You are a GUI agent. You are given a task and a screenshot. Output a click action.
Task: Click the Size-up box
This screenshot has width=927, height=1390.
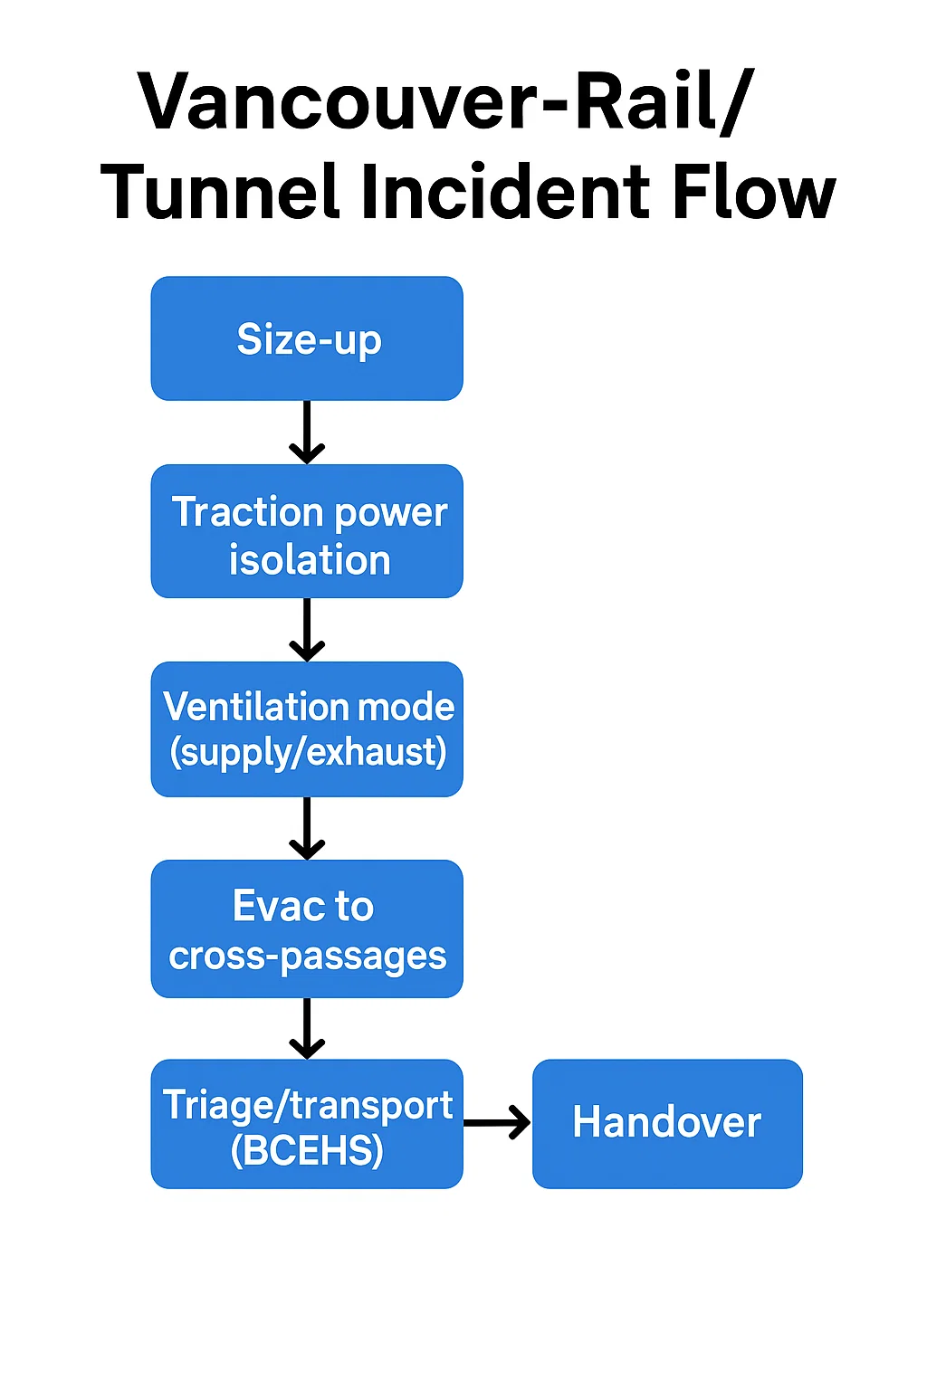[307, 338]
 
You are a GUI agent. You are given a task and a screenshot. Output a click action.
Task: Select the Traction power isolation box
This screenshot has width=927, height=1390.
[307, 531]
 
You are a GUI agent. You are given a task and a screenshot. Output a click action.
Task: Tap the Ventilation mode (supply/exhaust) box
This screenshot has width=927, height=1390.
[307, 729]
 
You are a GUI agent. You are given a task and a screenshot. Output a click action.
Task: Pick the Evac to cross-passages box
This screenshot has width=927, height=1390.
[307, 928]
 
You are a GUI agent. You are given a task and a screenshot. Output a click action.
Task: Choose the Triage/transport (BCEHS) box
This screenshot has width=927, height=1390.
[307, 1124]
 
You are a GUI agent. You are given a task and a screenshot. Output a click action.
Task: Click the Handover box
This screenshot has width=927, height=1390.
[667, 1124]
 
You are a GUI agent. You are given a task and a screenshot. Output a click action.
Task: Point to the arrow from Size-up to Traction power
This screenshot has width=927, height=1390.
[307, 433]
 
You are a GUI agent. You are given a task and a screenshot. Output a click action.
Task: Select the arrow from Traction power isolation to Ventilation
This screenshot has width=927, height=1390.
[307, 630]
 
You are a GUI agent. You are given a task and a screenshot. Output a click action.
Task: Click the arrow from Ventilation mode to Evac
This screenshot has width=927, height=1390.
[307, 828]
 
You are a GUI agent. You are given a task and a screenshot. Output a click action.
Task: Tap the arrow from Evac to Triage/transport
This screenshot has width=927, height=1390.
[307, 1028]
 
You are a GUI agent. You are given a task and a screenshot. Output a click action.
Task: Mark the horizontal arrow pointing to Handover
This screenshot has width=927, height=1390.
[497, 1123]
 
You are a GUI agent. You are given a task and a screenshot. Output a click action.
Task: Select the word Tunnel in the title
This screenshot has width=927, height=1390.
[219, 192]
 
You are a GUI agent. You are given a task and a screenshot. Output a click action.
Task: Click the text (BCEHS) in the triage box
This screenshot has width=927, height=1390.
[307, 1151]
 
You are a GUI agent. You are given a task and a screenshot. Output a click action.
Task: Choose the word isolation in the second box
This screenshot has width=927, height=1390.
[310, 560]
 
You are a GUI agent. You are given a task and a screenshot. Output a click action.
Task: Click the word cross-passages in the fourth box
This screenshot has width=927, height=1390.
[308, 957]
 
